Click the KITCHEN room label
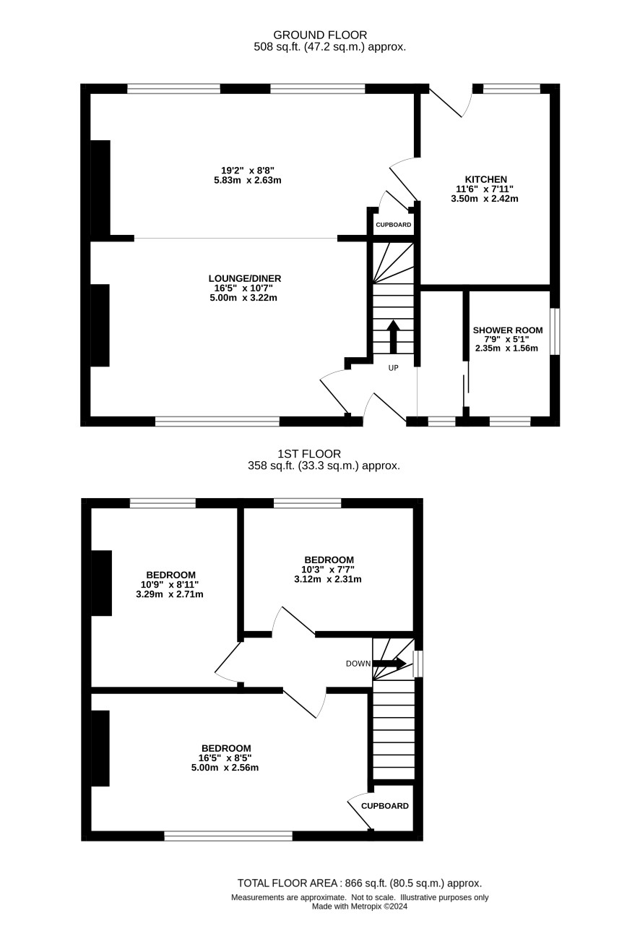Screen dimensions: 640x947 [485, 179]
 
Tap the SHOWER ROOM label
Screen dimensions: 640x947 [507, 330]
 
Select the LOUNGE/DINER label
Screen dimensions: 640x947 [245, 278]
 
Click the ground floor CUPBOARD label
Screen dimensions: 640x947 [393, 225]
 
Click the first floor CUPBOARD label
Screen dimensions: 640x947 [385, 806]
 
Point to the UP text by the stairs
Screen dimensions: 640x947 [393, 368]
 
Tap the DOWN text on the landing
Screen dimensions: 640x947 [358, 664]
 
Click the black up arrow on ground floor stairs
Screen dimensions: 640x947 [393, 337]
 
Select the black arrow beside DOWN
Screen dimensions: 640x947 [389, 664]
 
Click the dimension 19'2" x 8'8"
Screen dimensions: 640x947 [248, 171]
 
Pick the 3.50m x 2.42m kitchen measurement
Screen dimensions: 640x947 [485, 198]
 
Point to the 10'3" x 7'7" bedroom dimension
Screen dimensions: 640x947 [328, 570]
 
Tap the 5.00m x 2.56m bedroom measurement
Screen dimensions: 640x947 [225, 767]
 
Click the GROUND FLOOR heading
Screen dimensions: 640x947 [320, 35]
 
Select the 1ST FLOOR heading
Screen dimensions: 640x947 [309, 454]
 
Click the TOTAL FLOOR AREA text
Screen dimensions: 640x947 [287, 883]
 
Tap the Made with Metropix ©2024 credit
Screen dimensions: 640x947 [360, 907]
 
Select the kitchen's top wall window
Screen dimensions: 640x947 [511, 88]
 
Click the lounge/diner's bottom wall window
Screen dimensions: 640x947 [217, 421]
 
